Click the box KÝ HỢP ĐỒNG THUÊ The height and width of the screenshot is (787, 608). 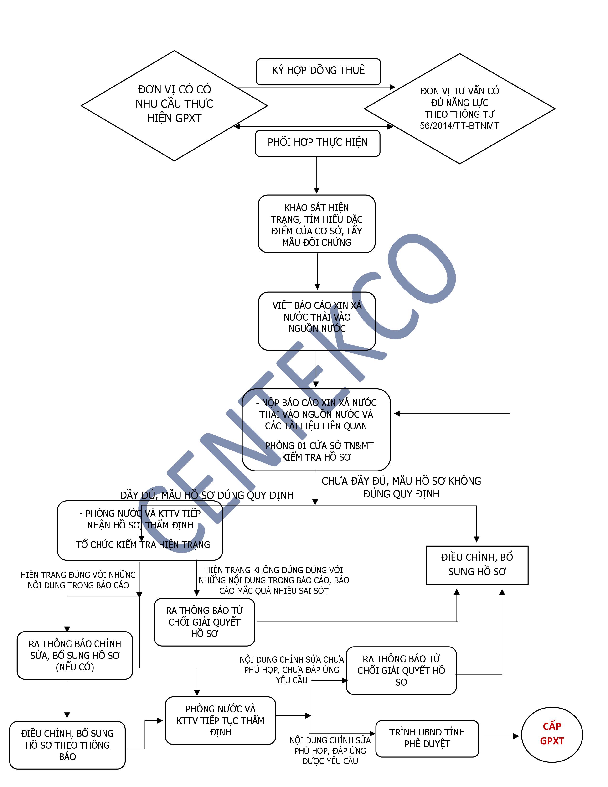318,71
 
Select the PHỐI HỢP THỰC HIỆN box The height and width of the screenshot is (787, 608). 317,143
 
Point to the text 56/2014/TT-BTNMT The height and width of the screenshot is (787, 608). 459,126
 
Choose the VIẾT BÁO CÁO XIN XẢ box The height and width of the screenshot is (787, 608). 317,320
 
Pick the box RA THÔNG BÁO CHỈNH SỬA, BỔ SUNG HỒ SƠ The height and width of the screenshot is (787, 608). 75,655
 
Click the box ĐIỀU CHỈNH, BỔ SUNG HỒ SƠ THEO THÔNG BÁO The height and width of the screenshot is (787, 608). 67,745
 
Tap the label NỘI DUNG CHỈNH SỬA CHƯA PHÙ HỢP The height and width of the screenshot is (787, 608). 292,669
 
